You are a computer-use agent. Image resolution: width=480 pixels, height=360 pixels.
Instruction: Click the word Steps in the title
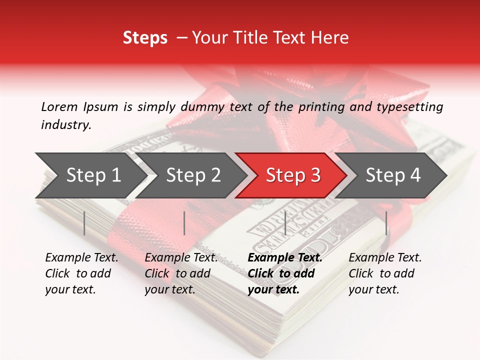145,38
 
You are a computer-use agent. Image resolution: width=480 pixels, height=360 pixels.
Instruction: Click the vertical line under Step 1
84,223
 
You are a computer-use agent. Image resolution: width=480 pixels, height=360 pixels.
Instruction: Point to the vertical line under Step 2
184,223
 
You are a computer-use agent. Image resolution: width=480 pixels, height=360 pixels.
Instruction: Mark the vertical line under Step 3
285,223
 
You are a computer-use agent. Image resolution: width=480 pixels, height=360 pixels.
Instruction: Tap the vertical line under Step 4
386,223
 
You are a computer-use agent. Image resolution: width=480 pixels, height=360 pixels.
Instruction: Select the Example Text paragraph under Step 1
81,273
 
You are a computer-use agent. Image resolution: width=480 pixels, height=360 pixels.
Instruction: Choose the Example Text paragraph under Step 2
181,273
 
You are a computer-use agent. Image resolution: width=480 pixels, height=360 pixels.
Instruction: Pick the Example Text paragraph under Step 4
385,273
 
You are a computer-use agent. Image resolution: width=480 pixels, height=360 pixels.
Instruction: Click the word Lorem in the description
59,106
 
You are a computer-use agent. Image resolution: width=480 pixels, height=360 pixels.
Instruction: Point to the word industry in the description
66,125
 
